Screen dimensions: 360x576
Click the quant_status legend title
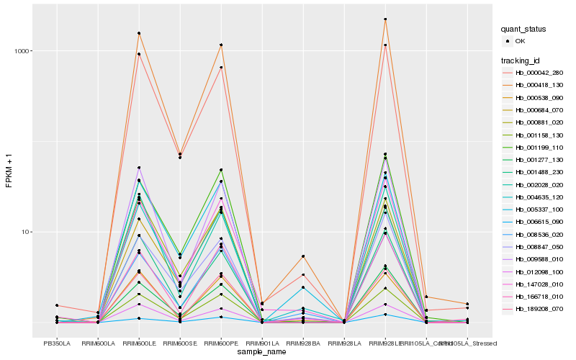pos(523,29)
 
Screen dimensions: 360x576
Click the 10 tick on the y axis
pos(24,232)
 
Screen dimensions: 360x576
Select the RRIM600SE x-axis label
pos(180,343)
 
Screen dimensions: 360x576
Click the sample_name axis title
pos(262,352)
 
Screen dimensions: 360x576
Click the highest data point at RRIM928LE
pos(385,19)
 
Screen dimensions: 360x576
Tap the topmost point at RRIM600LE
pos(139,33)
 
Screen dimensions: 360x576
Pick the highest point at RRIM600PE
pos(221,45)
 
